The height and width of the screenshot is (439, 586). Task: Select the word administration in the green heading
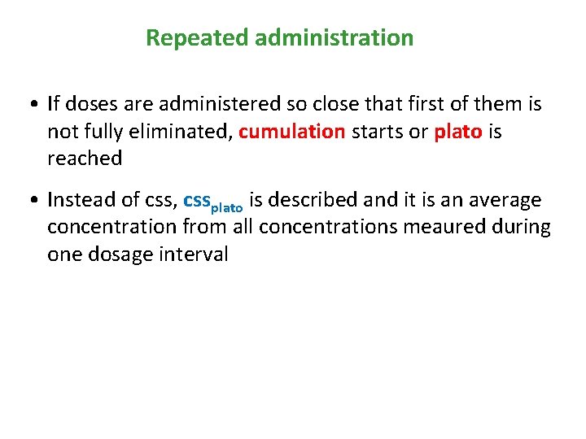(x=334, y=38)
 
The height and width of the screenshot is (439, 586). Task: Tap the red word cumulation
(x=292, y=132)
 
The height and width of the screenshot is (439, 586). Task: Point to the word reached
(x=85, y=159)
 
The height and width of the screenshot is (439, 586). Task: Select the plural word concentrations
(x=336, y=227)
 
